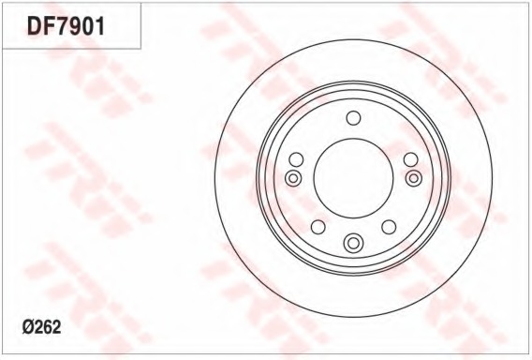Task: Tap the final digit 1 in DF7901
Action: coord(97,26)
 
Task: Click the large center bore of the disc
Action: coord(353,179)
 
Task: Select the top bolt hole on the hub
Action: coord(353,117)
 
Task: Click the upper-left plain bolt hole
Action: coord(296,159)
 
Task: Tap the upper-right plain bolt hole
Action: coord(410,159)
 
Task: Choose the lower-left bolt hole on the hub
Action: coord(318,228)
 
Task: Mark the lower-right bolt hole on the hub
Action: coord(389,228)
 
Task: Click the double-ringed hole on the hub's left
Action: coord(292,178)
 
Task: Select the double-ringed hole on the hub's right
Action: coord(414,178)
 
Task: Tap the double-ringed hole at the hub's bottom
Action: coord(353,243)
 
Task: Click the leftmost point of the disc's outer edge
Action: coord(214,179)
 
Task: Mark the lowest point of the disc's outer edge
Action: coord(353,319)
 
